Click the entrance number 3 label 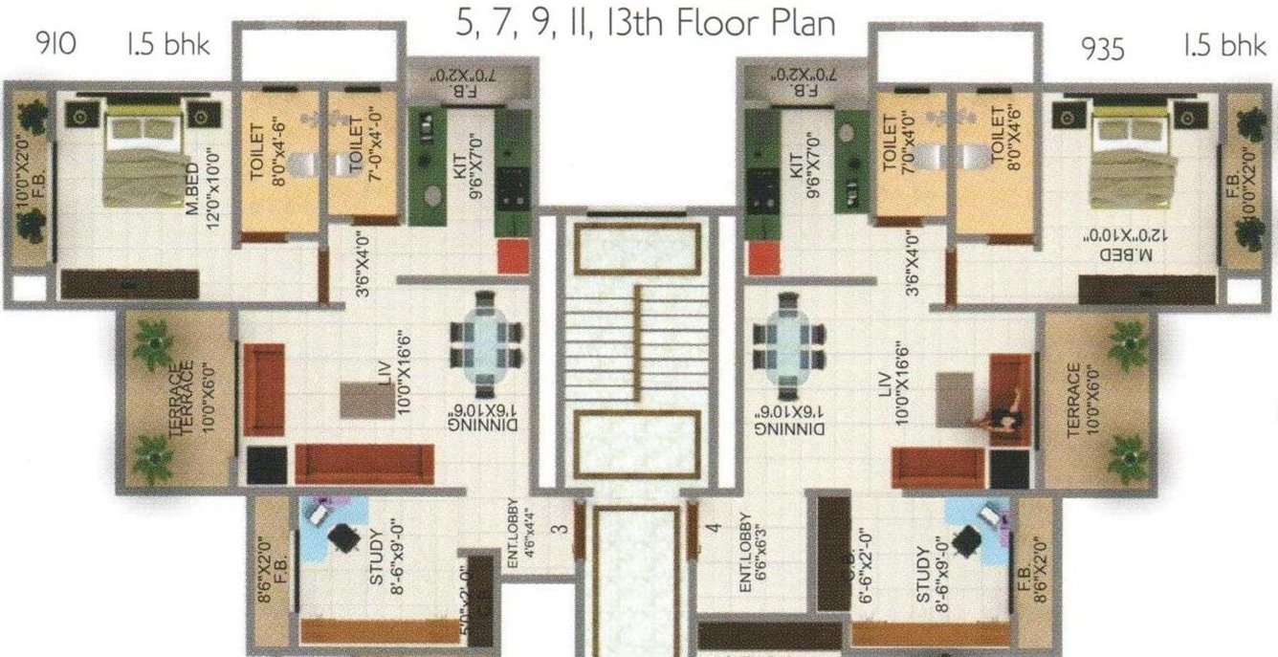click(563, 527)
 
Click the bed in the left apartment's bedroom click(142, 158)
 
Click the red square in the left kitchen click(512, 256)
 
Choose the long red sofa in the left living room click(364, 464)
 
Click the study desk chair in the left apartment click(342, 538)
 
